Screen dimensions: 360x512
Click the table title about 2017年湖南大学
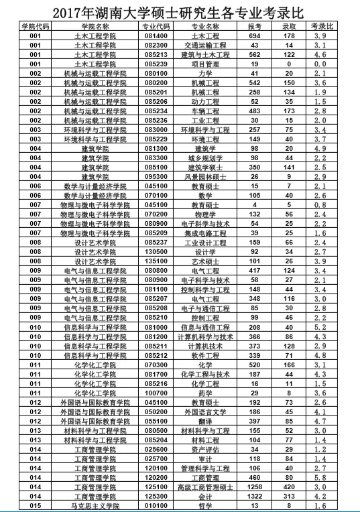pyautogui.click(x=180, y=11)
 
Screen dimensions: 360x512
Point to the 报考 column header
pyautogui.click(x=254, y=25)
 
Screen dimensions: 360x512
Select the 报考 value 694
pyautogui.click(x=254, y=35)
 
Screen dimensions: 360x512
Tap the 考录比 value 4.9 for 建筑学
pyautogui.click(x=321, y=148)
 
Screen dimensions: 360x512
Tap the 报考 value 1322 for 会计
pyautogui.click(x=254, y=497)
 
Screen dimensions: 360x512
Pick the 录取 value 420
pyautogui.click(x=289, y=487)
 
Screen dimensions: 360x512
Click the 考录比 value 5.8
pyautogui.click(x=321, y=478)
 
